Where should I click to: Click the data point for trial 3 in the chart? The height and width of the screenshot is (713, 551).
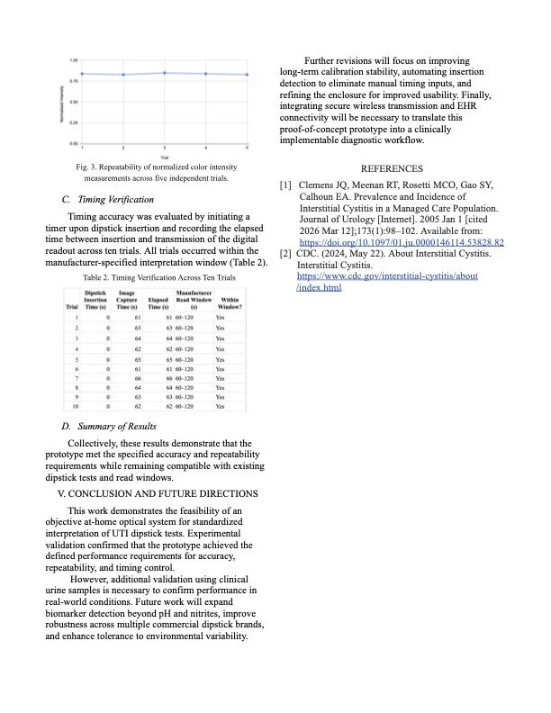(x=165, y=73)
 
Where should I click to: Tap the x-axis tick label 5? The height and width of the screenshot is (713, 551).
(x=247, y=148)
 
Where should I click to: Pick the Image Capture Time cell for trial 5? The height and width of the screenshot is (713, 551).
(x=138, y=358)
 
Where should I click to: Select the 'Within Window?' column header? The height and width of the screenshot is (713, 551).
(x=229, y=302)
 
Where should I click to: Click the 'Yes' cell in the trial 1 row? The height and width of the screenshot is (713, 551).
(x=221, y=318)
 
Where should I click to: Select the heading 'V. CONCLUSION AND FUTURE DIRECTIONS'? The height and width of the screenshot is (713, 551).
(x=158, y=494)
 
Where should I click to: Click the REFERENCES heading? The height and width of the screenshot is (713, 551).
(x=391, y=168)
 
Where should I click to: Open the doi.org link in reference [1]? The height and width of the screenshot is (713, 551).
(x=401, y=242)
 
